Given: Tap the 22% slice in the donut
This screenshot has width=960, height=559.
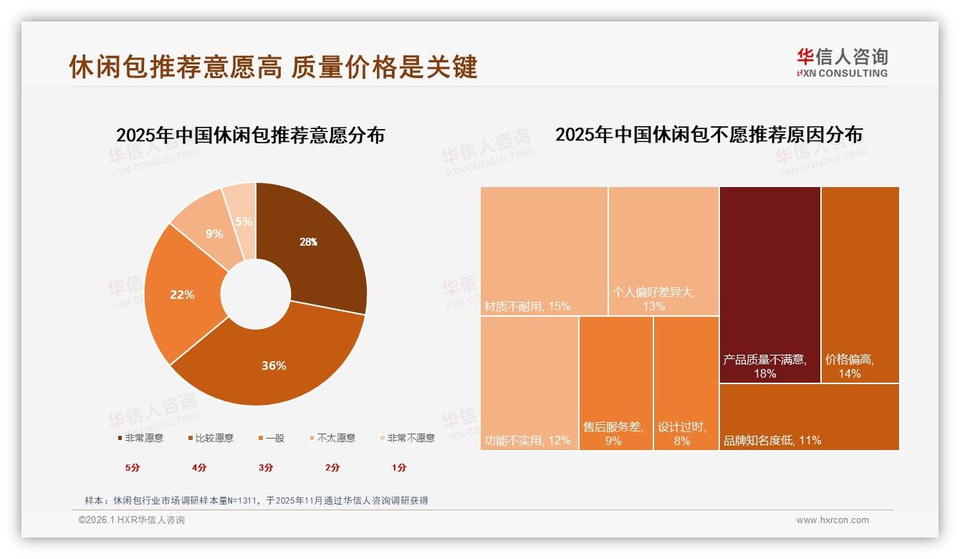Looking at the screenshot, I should coord(182,295).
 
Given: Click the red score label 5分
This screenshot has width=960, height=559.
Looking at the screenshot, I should coord(133,467).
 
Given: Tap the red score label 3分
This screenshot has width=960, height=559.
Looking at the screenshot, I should coord(266,467).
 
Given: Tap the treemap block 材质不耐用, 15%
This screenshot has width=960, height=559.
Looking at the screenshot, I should coord(544,251).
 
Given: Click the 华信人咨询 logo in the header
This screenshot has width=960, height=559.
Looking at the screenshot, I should coord(843,62).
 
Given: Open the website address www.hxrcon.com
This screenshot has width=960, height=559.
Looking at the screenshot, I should coord(832,520).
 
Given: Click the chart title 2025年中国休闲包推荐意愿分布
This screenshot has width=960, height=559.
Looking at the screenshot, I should coord(250,135).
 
